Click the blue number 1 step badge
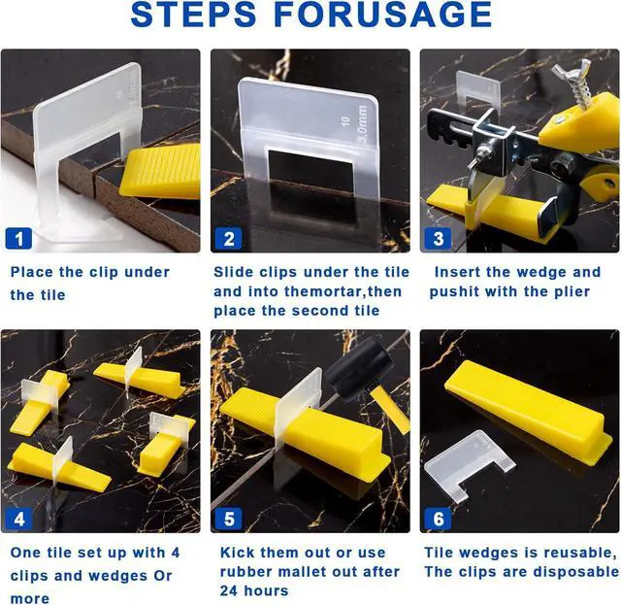18,239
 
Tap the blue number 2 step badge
229,239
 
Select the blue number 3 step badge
438,239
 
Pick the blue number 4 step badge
18,519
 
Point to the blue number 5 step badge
229,519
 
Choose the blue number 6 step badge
438,519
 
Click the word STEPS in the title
193,15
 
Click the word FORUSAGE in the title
382,15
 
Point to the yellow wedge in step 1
160,171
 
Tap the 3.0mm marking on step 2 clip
363,124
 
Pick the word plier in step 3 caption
572,291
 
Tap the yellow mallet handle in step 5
390,410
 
